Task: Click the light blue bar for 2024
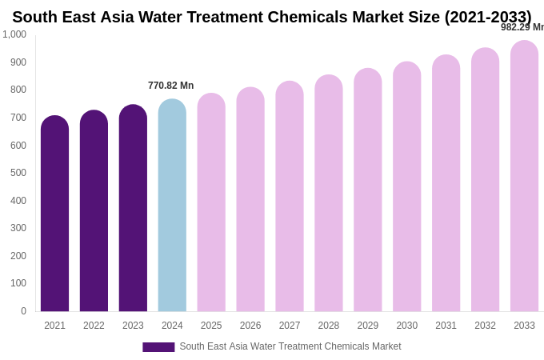[172, 206]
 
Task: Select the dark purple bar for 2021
[54, 214]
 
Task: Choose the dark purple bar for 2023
[133, 208]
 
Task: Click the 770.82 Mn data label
[170, 86]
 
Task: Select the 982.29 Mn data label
[522, 27]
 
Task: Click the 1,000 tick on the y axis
[14, 34]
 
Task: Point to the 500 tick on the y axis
[18, 173]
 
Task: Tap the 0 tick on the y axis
[23, 311]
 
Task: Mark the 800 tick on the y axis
[18, 90]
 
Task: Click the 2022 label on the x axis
[94, 326]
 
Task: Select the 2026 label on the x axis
[250, 326]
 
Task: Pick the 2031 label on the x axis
[446, 326]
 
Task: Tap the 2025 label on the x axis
[211, 326]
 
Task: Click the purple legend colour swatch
[158, 347]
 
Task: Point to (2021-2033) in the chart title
[487, 17]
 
